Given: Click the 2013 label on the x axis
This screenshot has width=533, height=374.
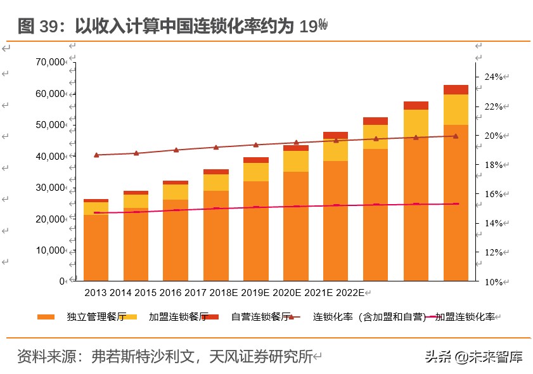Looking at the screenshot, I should click(x=95, y=293).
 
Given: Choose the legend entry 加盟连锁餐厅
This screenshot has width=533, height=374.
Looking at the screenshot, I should click(x=168, y=317).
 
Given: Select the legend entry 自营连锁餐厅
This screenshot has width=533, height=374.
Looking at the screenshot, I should click(x=252, y=317).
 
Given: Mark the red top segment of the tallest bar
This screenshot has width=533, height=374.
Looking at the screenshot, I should click(x=456, y=89).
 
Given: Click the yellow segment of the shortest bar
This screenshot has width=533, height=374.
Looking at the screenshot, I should click(x=96, y=208).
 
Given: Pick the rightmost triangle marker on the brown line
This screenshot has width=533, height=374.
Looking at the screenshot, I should click(x=456, y=136).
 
